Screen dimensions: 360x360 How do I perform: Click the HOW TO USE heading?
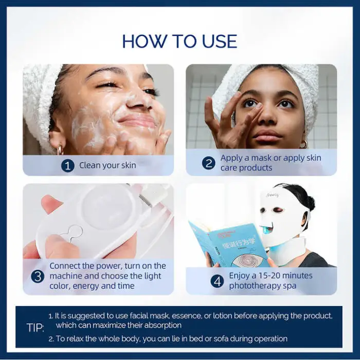coord(179,41)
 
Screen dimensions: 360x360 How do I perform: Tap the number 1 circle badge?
coord(68,166)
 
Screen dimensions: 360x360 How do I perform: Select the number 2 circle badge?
coord(208,163)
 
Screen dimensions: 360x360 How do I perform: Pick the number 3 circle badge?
coord(38,276)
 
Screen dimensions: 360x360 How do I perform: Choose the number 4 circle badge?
coord(218,281)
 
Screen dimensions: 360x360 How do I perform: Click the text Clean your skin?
coord(107,166)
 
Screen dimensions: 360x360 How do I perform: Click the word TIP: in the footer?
coord(35,328)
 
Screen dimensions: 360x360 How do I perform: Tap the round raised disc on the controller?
coord(108,206)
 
